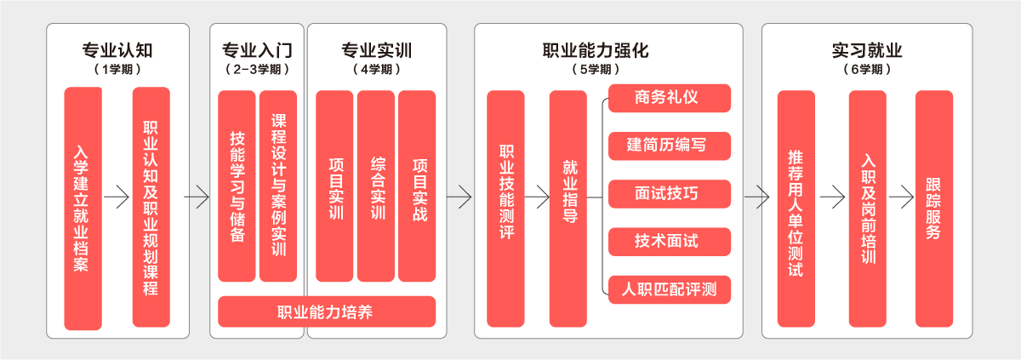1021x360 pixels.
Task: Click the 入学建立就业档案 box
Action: point(83,208)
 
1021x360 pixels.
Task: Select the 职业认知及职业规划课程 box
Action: point(151,208)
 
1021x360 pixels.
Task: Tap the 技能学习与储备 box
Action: point(237,186)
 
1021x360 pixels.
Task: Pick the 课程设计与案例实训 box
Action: point(277,186)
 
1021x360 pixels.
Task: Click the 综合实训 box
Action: point(376,186)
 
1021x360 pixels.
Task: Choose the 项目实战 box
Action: point(417,186)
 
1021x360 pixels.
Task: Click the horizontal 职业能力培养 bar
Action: point(327,311)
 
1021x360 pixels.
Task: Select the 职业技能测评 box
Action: point(505,208)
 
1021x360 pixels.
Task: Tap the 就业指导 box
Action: point(568,208)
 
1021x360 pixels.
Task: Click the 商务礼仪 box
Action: point(670,97)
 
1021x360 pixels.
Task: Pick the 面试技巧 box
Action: point(670,193)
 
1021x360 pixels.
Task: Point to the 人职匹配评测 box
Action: point(670,289)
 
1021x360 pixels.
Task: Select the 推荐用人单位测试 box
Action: point(796,208)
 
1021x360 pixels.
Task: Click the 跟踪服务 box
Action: point(933,208)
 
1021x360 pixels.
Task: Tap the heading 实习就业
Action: point(867,49)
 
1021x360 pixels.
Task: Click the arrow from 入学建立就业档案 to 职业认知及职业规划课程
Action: point(117,197)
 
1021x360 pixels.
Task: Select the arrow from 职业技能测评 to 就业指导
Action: point(537,197)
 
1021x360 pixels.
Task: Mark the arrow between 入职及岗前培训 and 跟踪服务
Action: point(900,197)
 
